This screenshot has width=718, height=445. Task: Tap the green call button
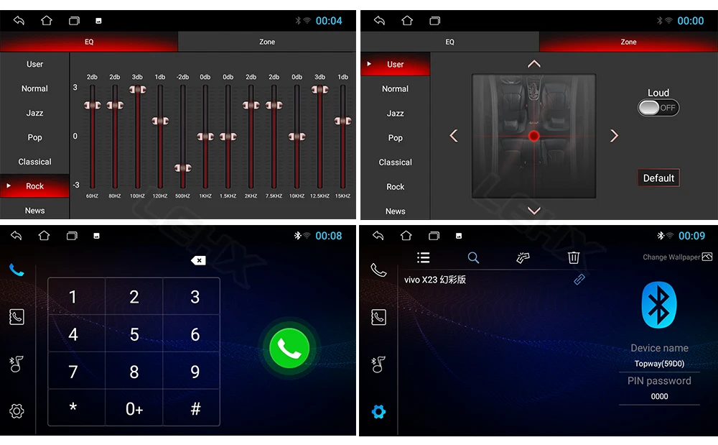tap(289, 348)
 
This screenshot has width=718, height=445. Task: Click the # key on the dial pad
tap(195, 408)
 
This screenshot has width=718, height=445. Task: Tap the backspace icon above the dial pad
tap(198, 261)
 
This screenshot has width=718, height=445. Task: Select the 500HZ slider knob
tap(182, 168)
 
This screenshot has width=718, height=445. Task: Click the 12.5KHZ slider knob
tap(320, 90)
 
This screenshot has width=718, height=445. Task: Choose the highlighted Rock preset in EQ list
tap(34, 185)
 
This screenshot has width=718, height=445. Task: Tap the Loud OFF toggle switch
tap(658, 108)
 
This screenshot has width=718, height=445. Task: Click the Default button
tap(658, 178)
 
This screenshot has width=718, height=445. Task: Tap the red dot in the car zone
tap(534, 136)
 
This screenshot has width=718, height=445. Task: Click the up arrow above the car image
tap(534, 64)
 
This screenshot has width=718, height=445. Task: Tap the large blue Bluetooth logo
tap(659, 305)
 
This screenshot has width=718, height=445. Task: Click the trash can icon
tap(573, 257)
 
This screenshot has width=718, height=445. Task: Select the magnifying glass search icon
tap(473, 257)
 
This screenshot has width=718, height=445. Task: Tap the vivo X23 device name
tap(435, 280)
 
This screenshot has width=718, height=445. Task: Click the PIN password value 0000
tap(659, 396)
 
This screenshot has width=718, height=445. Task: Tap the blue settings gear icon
tap(378, 411)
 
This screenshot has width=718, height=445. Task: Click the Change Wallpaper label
tap(671, 257)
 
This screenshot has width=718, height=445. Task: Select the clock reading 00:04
tap(329, 21)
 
